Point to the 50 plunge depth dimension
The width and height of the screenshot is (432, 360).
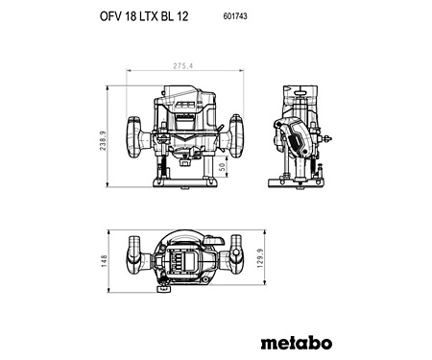223,167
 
